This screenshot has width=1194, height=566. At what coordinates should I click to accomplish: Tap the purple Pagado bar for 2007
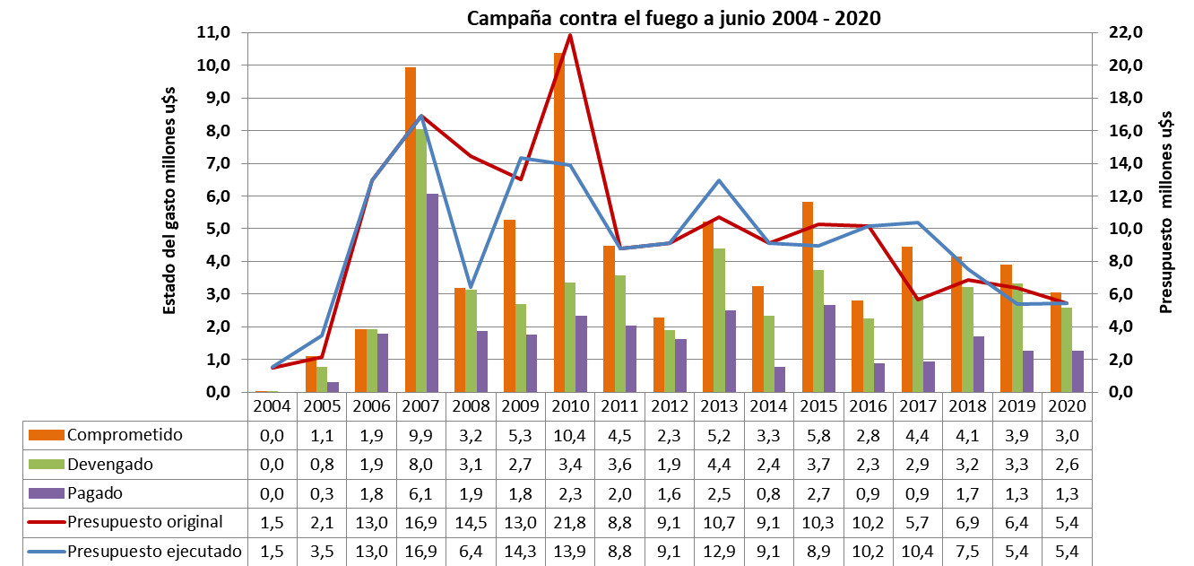[x=432, y=292]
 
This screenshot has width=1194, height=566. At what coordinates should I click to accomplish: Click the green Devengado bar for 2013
[x=719, y=319]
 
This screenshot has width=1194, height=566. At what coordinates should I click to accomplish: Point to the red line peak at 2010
[x=570, y=36]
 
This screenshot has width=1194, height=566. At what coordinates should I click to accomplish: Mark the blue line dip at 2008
[x=471, y=287]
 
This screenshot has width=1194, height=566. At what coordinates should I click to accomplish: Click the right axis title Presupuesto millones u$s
[x=1166, y=211]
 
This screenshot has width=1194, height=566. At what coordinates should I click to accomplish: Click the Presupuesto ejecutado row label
[x=154, y=552]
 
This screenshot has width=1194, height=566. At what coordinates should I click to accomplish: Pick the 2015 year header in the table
[x=818, y=405]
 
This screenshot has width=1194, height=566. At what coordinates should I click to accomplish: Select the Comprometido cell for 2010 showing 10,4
[x=570, y=435]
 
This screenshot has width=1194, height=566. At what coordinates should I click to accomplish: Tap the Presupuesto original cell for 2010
[x=570, y=522]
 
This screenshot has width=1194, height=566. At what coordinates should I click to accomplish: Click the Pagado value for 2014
[x=769, y=493]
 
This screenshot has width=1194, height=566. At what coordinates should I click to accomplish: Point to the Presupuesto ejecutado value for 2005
[x=322, y=552]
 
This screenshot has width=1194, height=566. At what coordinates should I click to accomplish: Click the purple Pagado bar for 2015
[x=830, y=348]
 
